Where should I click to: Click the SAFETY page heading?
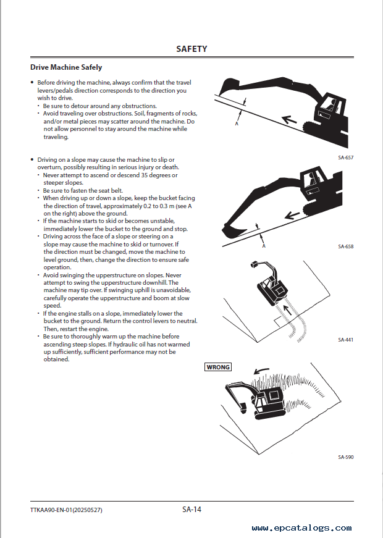pos(192,49)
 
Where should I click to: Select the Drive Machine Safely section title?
pos(66,67)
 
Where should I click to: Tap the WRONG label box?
pos(218,367)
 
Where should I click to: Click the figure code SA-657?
pos(345,158)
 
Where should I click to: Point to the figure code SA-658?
pos(345,246)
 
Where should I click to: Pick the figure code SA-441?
pos(345,340)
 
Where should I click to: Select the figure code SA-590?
pos(345,457)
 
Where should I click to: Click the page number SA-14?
pos(192,510)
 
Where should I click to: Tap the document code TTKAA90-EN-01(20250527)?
pos(65,510)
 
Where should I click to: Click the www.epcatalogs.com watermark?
pos(302,528)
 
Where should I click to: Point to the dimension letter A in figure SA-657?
pos(237,124)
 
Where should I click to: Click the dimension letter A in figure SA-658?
pos(264,246)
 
